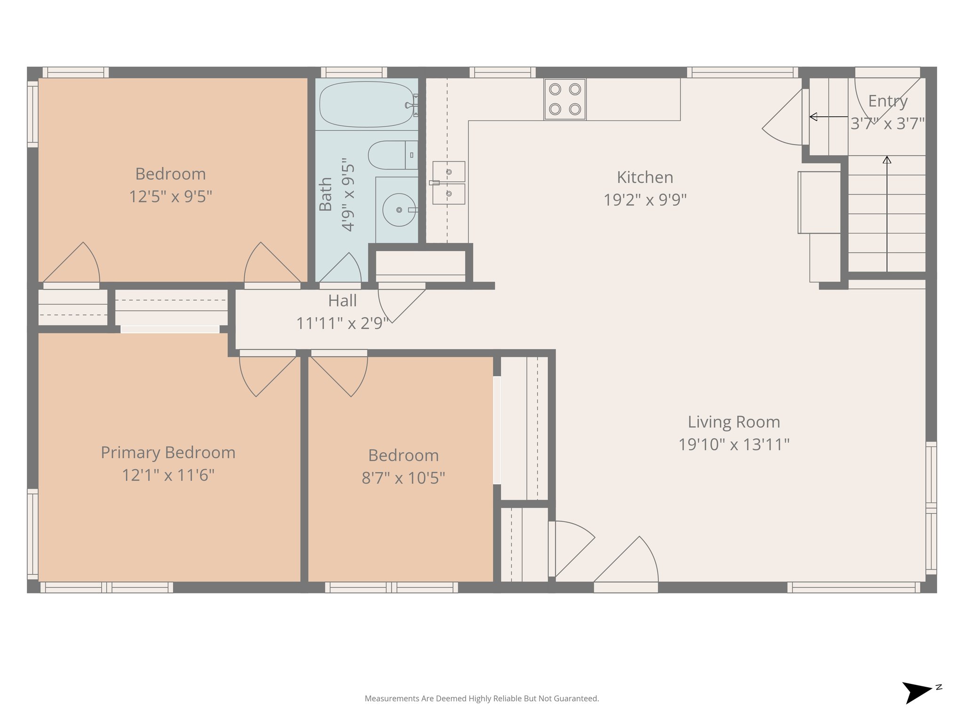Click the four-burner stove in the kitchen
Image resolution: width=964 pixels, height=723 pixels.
point(565,99)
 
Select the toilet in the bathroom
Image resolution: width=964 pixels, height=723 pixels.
point(392,155)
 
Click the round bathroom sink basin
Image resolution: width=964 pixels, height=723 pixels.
point(399,210)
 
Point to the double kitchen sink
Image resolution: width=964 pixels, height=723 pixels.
point(449,183)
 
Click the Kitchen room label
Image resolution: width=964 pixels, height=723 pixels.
point(645,177)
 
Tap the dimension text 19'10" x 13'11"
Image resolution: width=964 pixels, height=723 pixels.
point(734,444)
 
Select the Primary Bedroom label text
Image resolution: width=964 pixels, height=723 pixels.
point(168,453)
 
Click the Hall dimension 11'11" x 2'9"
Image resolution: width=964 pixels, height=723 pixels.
point(342,323)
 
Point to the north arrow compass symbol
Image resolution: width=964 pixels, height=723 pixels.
point(917,692)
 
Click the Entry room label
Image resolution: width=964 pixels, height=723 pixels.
point(888,101)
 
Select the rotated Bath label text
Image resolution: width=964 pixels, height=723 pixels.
point(326,194)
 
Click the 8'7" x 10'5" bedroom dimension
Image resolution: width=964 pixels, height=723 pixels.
point(403,478)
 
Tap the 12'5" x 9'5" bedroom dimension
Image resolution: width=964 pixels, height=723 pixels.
point(170,197)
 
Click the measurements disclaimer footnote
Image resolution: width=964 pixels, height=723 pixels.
point(482,699)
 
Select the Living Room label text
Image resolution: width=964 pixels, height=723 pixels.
point(734,422)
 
